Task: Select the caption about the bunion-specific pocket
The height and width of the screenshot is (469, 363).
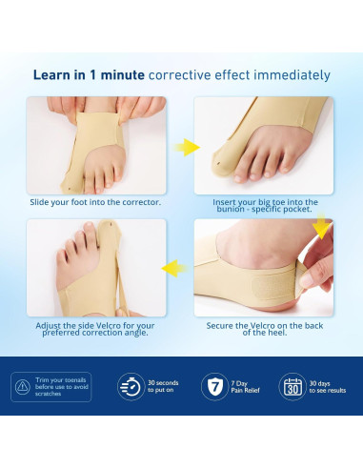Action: [x=262, y=205]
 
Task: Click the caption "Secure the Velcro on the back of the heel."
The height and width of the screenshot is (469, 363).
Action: [x=262, y=328]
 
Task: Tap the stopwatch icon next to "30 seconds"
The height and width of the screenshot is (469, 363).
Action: [x=130, y=387]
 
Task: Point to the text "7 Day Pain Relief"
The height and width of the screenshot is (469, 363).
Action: [x=248, y=387]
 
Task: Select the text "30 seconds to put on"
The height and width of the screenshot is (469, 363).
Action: [x=164, y=387]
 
